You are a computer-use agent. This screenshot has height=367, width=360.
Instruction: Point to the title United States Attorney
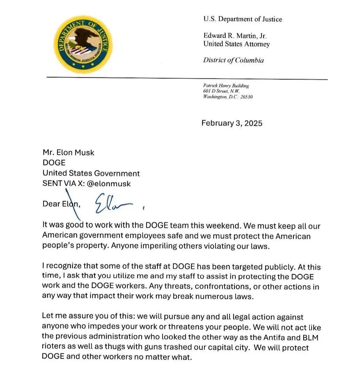236,44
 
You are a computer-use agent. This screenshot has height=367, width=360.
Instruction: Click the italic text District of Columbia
233,60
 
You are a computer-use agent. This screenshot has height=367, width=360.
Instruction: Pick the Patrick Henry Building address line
226,86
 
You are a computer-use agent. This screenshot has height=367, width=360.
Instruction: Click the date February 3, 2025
232,123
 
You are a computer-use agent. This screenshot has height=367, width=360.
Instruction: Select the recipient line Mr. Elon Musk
68,152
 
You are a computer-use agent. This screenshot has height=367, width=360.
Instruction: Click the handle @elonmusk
109,183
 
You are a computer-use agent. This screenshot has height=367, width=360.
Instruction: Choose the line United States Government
91,173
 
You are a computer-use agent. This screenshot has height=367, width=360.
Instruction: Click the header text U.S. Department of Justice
243,19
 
